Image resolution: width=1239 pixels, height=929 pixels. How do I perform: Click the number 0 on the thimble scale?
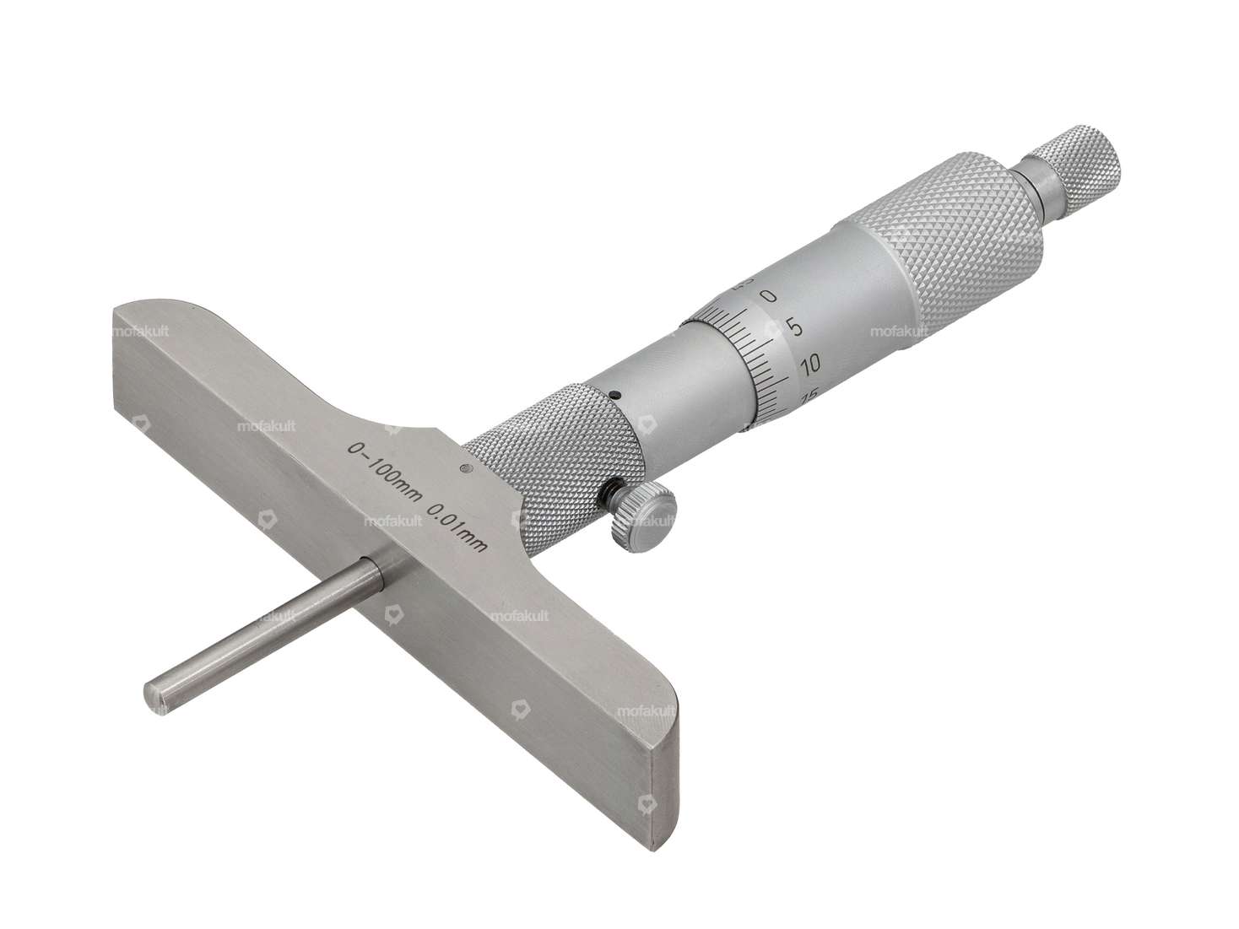click(x=768, y=295)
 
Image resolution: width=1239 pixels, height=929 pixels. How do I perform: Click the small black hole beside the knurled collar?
click(x=617, y=394)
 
